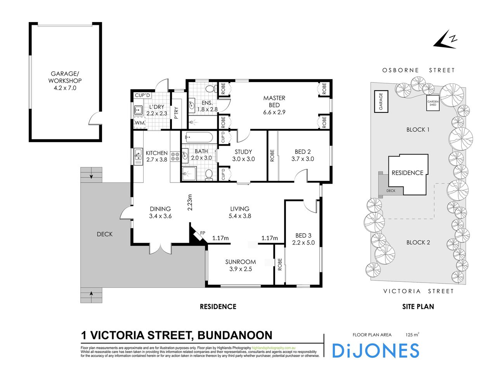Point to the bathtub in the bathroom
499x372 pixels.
tap(199, 137)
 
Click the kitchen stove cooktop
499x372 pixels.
tap(175, 156)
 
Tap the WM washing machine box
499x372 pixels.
tap(140, 123)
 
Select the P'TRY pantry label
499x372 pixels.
tap(176, 112)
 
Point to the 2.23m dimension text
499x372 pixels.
tap(190, 202)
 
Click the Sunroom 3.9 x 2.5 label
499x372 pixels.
tap(240, 265)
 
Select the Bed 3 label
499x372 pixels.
tap(303, 239)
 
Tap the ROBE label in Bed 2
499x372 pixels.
tap(272, 156)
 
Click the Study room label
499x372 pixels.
tap(243, 155)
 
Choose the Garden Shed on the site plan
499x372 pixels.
tap(433, 103)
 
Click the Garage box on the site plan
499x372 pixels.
tap(381, 101)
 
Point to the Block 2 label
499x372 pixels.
tap(418, 243)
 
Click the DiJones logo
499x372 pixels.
tap(375, 351)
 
